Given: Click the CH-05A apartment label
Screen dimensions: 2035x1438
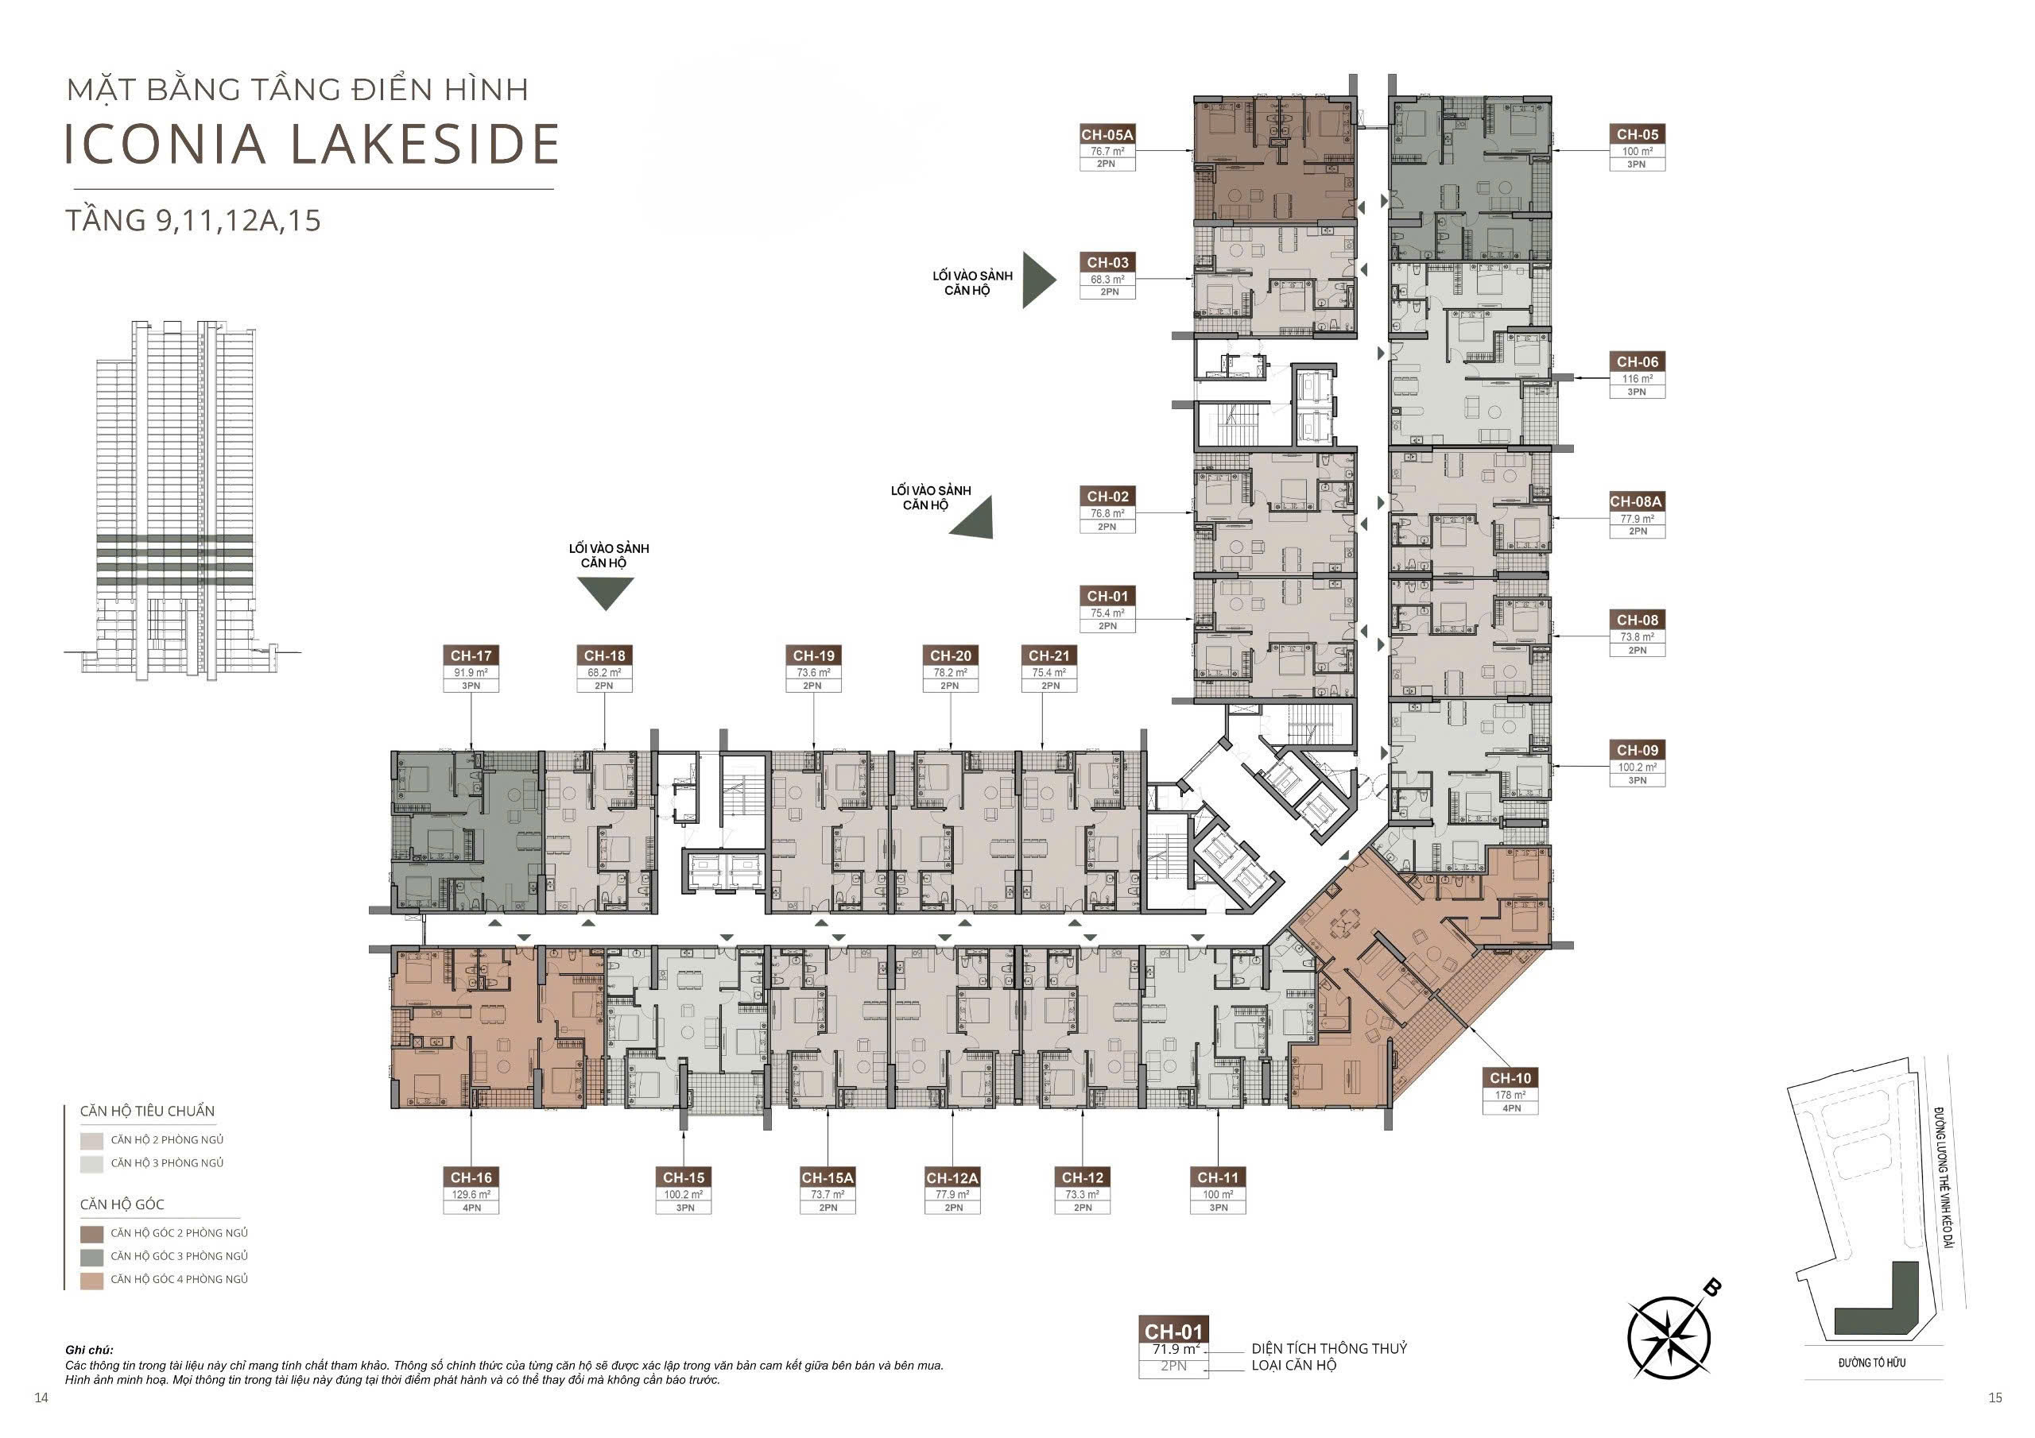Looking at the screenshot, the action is coord(1107,135).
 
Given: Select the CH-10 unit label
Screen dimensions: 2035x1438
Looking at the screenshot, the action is coord(1510,1078).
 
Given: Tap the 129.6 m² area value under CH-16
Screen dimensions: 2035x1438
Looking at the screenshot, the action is coord(471,1194).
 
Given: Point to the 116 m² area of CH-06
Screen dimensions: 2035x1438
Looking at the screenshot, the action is coord(1637,378).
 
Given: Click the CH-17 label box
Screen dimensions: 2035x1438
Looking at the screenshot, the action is coord(471,655).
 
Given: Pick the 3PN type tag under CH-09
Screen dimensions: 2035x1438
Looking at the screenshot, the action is coord(1637,781).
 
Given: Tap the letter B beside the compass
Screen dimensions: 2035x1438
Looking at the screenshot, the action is coord(1713,1287).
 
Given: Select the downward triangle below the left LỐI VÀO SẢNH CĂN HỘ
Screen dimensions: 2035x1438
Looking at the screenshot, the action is coord(606,593).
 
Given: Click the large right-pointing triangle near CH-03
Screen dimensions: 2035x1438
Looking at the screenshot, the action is coord(1039,280).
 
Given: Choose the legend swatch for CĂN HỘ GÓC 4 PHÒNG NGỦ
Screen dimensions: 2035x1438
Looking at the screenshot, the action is coord(92,1279).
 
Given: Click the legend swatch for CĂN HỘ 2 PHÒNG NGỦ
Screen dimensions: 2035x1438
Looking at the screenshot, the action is coord(92,1140).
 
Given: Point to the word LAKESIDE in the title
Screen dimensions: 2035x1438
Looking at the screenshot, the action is coord(424,145).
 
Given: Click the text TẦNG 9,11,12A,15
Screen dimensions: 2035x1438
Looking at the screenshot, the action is coord(193,220).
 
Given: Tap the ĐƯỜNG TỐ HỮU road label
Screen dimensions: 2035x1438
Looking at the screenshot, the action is coord(1872,1363).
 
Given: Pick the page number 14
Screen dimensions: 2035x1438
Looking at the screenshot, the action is coord(41,1398).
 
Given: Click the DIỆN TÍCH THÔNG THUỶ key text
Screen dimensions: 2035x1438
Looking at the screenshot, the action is coord(1328,1347).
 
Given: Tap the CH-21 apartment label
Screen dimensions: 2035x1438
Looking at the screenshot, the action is coord(1049,655).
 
